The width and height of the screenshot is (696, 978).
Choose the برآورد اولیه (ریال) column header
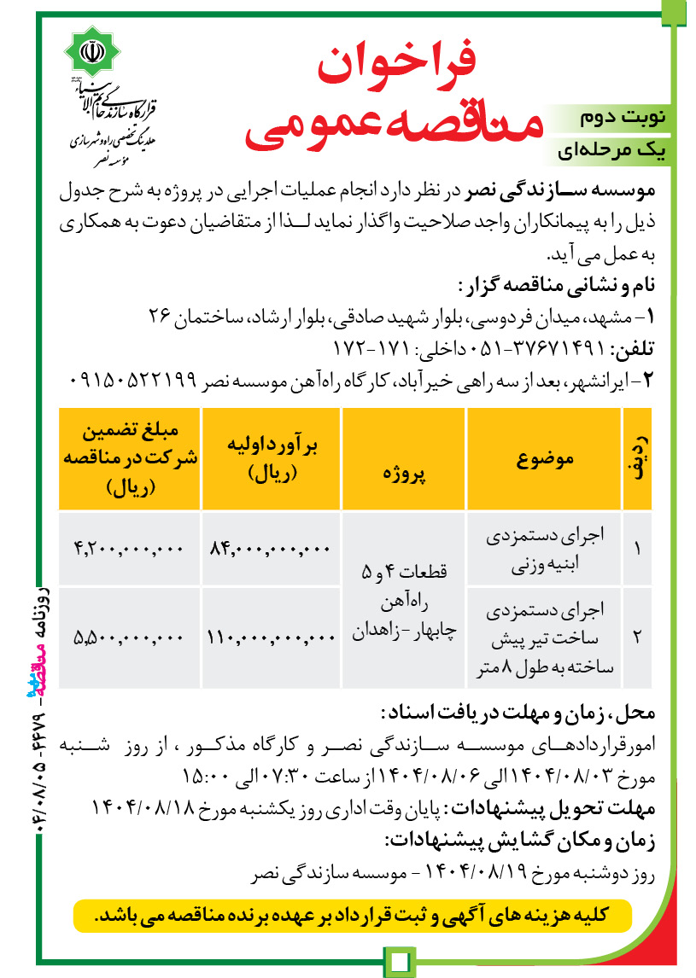(271, 459)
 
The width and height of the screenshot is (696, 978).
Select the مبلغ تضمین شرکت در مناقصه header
(131, 459)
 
